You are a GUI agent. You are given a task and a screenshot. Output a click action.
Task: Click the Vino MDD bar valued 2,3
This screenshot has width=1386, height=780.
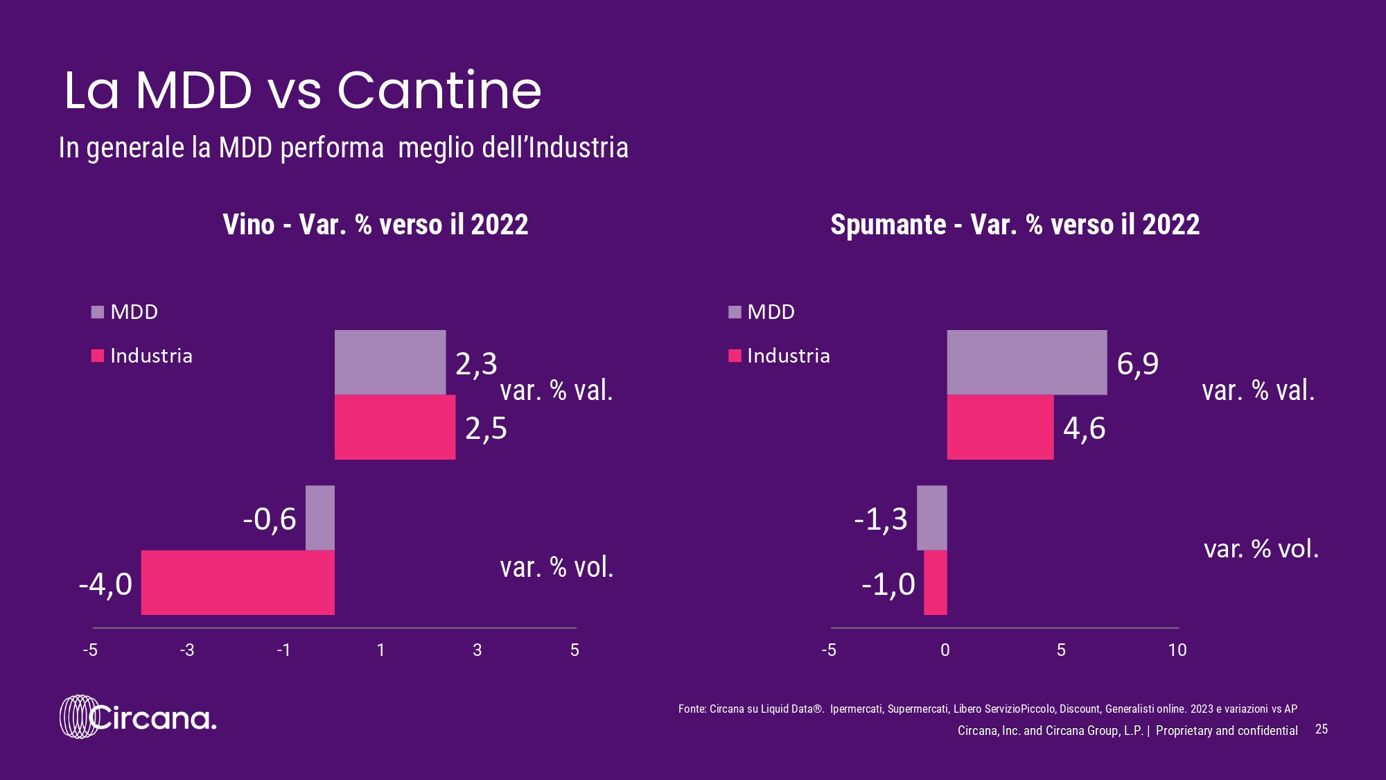(390, 362)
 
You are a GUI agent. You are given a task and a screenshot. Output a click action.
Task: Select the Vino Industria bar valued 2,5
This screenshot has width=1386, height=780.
(395, 427)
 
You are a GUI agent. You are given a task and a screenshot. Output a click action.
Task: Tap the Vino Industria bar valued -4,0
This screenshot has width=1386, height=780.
(238, 582)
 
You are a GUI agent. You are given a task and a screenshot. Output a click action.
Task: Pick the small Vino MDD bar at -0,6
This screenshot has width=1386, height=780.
(320, 518)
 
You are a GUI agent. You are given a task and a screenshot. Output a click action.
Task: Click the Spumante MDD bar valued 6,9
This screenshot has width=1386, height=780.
(1026, 362)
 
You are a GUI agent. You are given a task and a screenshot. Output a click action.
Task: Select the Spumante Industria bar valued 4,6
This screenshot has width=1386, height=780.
(1000, 427)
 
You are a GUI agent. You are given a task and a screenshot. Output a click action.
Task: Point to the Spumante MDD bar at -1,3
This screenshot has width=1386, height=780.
(931, 518)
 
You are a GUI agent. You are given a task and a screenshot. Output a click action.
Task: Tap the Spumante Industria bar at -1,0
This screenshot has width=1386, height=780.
(936, 582)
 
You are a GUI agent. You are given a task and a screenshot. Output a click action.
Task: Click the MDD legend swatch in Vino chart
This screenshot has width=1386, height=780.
(98, 312)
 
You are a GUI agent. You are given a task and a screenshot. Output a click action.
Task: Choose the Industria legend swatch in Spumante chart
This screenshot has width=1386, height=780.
(735, 356)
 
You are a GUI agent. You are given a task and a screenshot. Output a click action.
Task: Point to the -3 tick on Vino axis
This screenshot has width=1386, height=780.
(187, 650)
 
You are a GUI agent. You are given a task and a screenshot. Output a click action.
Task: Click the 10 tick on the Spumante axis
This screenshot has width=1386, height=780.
(1177, 650)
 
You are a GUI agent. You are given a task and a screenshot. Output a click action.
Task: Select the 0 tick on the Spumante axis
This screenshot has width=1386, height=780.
(945, 650)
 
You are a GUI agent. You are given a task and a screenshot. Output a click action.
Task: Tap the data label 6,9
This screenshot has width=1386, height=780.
(1137, 363)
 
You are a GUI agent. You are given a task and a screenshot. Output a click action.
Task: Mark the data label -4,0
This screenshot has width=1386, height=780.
(105, 584)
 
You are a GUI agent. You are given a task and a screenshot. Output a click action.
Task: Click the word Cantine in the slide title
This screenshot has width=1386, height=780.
(439, 91)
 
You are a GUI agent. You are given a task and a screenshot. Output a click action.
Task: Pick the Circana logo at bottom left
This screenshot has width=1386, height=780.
(138, 717)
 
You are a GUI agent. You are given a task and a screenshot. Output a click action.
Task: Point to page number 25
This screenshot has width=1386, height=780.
(1322, 729)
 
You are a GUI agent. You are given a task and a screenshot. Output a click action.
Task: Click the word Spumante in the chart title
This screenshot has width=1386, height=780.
(888, 225)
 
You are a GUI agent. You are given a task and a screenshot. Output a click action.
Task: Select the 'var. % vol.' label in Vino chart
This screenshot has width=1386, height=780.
(556, 568)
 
